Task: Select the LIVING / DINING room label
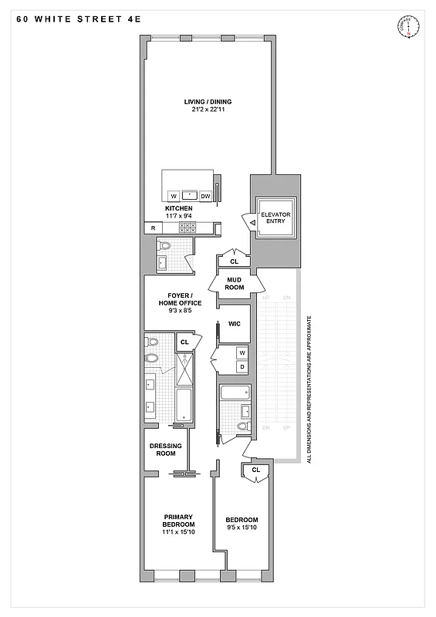coord(208,102)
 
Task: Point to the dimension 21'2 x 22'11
coord(208,110)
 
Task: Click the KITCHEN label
coord(178,208)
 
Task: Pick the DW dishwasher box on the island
coord(205,196)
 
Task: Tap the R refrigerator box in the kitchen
coord(154,228)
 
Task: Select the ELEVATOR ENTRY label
coord(274,217)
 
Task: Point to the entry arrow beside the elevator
coord(252,222)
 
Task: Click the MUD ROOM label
coord(235,284)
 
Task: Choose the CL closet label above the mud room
coord(235,261)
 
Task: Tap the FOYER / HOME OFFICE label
coord(180,299)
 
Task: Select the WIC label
coord(235,324)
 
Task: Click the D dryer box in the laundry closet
coord(241,366)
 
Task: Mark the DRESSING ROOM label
coord(165,448)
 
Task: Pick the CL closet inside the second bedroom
coord(255,469)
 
